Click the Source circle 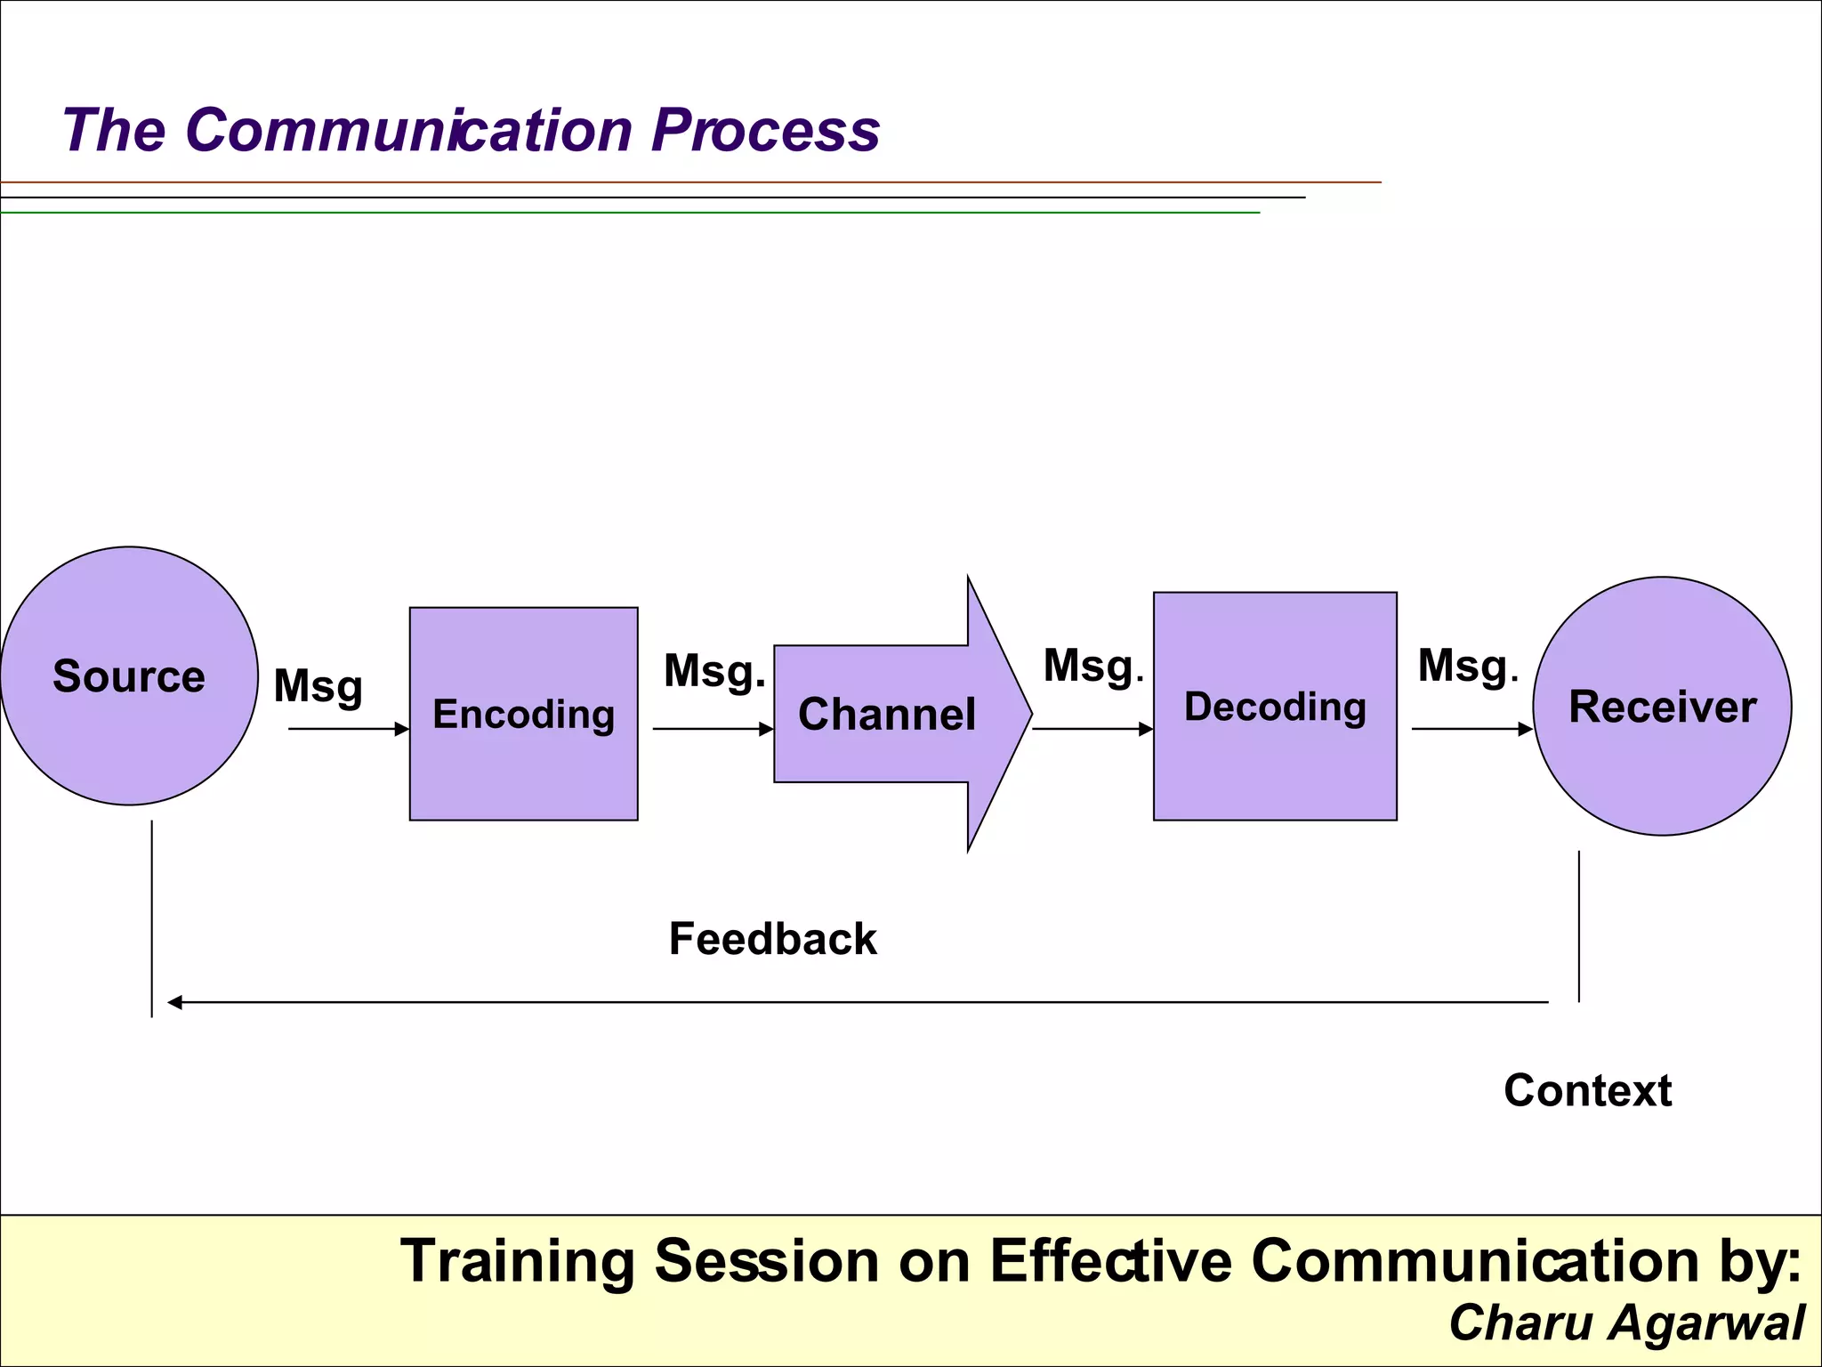click(129, 676)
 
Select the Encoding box click(523, 714)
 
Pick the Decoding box click(1274, 707)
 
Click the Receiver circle click(1662, 707)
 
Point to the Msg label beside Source click(318, 687)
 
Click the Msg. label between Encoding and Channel click(713, 672)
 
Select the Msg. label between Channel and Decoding click(1092, 667)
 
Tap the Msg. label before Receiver click(1467, 667)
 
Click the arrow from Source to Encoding click(347, 729)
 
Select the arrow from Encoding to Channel click(712, 729)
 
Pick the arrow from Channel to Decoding click(1092, 729)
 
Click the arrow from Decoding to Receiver click(1471, 729)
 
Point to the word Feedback click(772, 940)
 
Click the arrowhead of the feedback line click(175, 1002)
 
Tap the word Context click(1587, 1091)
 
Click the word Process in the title click(765, 131)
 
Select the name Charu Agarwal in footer click(1626, 1323)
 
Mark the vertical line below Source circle click(152, 917)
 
